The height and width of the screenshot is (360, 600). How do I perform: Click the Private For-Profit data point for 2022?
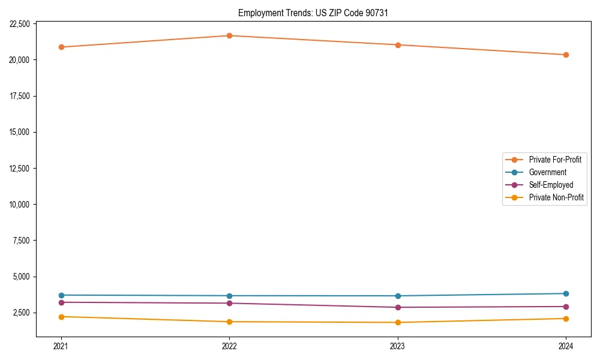tap(229, 35)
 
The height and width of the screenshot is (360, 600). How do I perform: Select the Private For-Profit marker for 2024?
tap(566, 55)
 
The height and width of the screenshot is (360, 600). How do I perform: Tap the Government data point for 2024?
tap(566, 293)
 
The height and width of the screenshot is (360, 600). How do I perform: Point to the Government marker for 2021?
tap(61, 295)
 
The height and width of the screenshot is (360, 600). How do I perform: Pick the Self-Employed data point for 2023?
tap(398, 307)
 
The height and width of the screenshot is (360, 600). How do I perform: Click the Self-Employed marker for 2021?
tap(61, 302)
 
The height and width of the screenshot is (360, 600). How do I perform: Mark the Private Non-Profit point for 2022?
tap(229, 322)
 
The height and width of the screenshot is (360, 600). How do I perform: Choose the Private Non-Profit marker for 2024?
tap(566, 319)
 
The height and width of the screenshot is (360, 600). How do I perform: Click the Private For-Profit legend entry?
tap(555, 160)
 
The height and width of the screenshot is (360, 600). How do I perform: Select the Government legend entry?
tap(547, 172)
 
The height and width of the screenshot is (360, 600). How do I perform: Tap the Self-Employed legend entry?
tap(551, 185)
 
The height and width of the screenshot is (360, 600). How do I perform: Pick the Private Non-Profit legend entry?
tap(556, 197)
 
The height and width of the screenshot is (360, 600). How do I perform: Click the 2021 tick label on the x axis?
tap(61, 346)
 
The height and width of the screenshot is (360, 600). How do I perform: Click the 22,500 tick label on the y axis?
tap(20, 24)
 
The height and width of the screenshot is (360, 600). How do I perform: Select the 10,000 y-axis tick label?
tap(20, 205)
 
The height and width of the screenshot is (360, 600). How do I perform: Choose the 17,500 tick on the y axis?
tap(20, 96)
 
